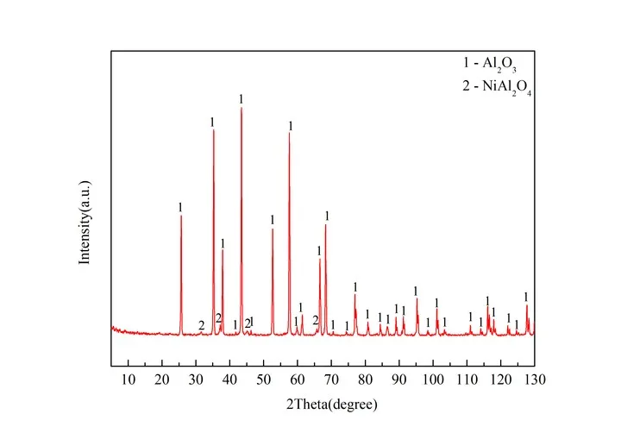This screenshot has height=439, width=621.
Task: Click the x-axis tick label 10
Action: (x=129, y=379)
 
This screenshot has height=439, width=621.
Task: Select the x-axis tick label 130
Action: (x=534, y=379)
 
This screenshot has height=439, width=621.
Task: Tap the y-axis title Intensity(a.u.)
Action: (x=85, y=222)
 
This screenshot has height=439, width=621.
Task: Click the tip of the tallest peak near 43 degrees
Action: (x=241, y=108)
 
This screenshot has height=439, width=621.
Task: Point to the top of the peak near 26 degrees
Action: (x=181, y=216)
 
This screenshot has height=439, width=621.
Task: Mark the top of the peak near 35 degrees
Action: (x=213, y=130)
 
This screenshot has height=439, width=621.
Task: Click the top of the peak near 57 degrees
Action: (x=290, y=133)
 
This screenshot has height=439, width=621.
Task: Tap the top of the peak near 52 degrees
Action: (x=273, y=229)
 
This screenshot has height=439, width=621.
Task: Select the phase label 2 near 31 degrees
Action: (x=201, y=326)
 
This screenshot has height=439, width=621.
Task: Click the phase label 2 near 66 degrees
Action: (x=316, y=321)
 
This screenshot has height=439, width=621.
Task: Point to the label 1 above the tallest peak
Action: (x=241, y=98)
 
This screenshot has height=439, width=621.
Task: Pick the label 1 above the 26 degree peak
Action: (x=180, y=207)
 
